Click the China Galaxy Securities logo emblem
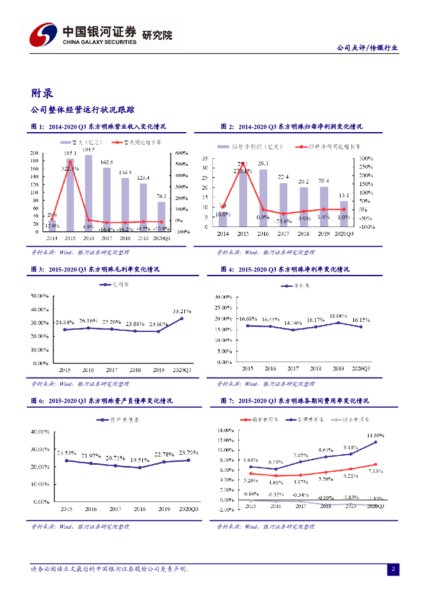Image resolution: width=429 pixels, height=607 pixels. tap(44, 35)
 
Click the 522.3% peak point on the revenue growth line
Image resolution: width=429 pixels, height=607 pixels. tap(71, 162)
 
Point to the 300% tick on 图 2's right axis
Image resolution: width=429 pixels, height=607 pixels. tap(365, 158)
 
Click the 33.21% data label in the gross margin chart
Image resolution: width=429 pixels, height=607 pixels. tap(182, 311)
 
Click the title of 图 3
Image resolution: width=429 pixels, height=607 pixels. tap(95, 269)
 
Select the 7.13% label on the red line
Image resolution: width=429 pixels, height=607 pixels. tap(376, 471)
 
